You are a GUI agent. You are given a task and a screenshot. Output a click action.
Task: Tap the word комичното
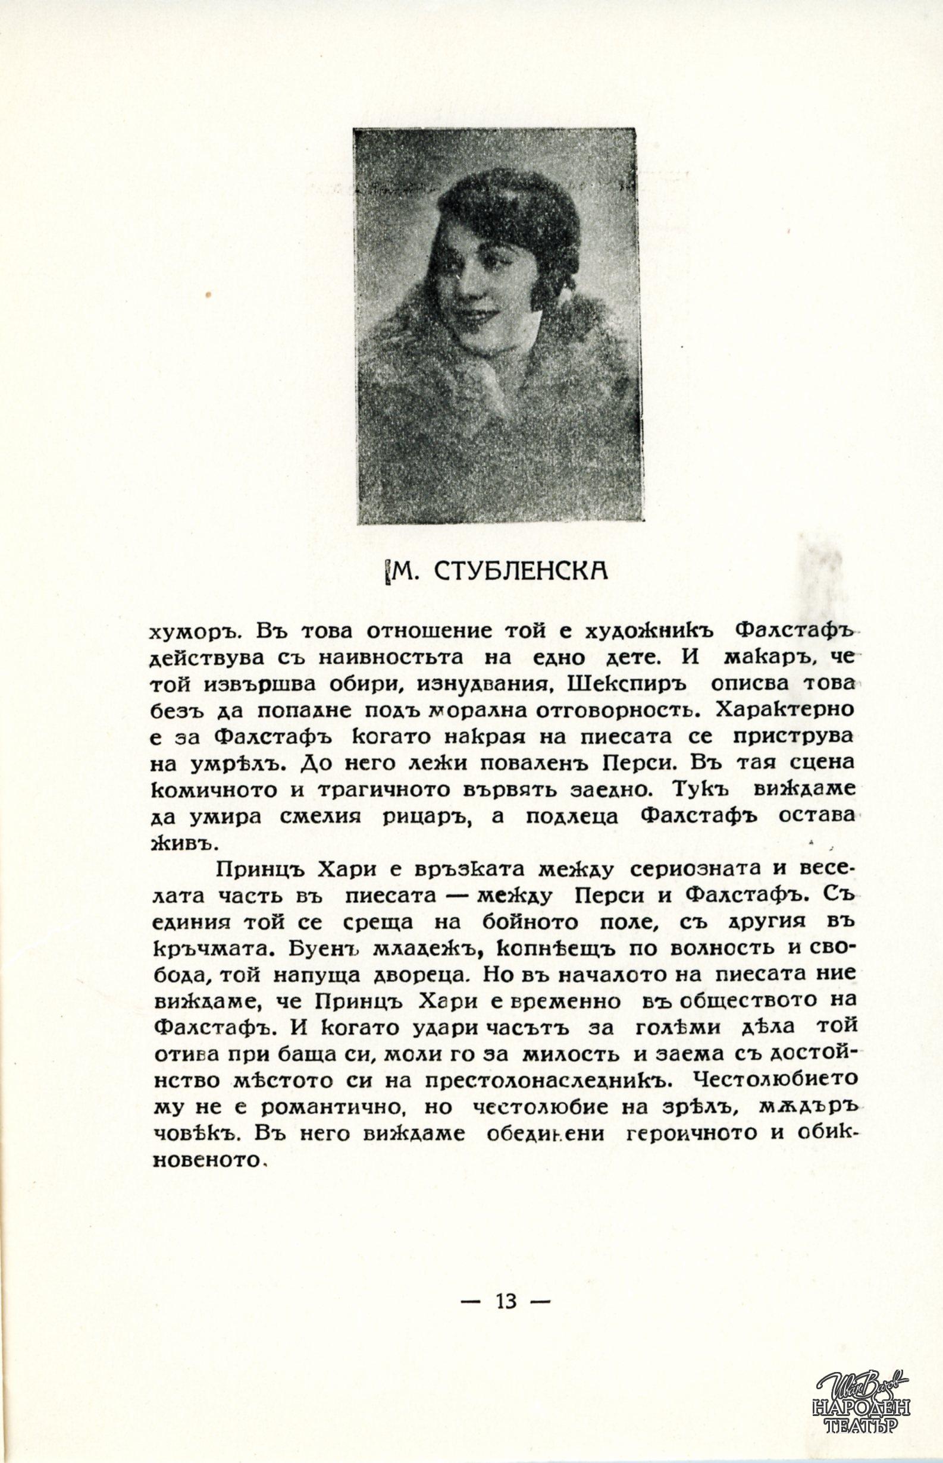point(214,790)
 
